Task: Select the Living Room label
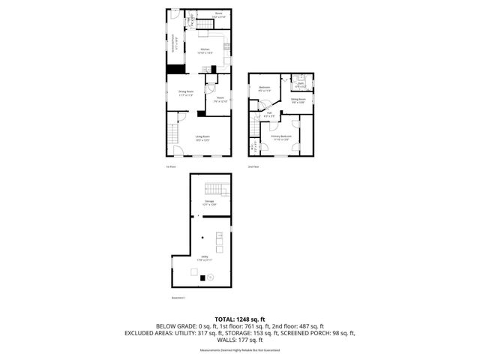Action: (x=202, y=137)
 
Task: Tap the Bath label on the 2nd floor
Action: (x=300, y=84)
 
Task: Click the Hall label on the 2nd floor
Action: (x=268, y=114)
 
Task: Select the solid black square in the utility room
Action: (x=200, y=277)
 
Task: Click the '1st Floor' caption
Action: (x=171, y=166)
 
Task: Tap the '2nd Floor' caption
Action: (x=252, y=166)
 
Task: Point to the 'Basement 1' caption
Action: (x=178, y=298)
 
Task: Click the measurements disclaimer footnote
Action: (x=240, y=350)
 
